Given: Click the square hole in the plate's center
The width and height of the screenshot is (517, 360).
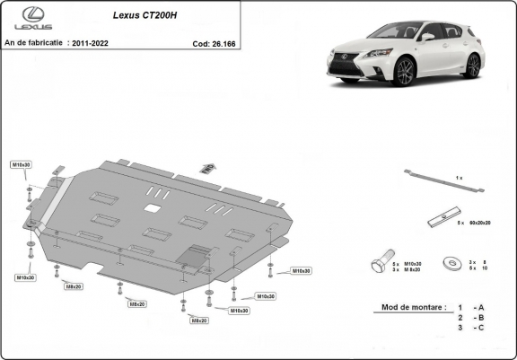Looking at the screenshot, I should pos(152,209).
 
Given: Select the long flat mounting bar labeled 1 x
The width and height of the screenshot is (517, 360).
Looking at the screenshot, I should pos(443,180).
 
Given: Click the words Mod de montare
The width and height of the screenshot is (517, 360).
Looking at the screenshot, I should pos(413,306).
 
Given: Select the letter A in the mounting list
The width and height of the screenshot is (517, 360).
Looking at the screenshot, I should pos(481,306).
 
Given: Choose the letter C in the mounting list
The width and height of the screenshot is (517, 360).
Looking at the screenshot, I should pos(481,329).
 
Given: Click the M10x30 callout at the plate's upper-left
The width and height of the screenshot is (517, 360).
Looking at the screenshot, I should pos(21,165).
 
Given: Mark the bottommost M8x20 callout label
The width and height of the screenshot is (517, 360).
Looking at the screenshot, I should pos(197,320).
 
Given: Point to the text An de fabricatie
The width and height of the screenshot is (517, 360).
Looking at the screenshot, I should pos(34,41).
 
